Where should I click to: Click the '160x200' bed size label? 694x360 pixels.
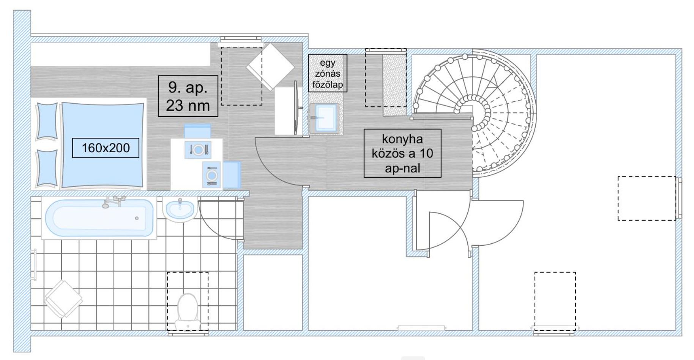point(106,148)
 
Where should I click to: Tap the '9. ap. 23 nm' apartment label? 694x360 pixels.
point(188,96)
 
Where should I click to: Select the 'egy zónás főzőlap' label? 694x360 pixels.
point(328,73)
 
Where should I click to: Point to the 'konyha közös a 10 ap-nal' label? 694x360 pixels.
point(402,153)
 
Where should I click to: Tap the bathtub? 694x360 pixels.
point(99,218)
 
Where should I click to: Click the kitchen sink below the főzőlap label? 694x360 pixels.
point(324,118)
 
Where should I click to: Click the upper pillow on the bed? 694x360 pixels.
point(46,122)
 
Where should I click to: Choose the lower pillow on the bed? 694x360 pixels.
point(46,169)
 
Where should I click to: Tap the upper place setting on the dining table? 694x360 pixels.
point(198,150)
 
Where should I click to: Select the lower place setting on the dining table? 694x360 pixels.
point(211,175)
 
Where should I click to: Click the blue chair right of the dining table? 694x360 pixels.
point(232,175)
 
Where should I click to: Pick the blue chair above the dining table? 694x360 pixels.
point(197,131)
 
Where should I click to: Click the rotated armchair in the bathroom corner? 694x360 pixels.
point(63,298)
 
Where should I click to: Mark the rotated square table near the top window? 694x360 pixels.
point(270,67)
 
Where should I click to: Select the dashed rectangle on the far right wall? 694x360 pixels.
point(647,198)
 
